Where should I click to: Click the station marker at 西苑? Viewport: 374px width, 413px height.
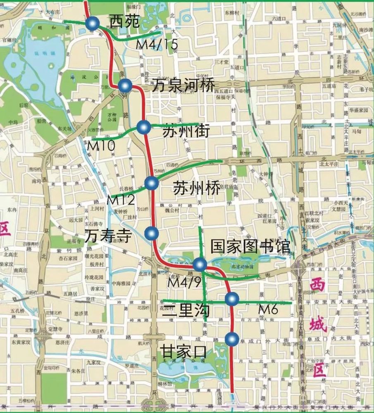[x=92, y=24]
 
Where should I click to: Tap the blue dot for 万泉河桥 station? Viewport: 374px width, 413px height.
[x=125, y=85]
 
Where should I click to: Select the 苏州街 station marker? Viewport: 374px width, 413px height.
[x=143, y=128]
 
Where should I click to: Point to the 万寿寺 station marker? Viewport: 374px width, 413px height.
[x=152, y=234]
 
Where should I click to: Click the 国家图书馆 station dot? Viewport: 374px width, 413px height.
[x=200, y=264]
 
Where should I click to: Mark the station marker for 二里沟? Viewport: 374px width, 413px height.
[x=232, y=299]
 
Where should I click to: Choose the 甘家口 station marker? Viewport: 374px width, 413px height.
[x=232, y=339]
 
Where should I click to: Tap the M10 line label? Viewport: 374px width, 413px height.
[x=100, y=145]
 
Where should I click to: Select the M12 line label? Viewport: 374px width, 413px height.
[x=121, y=200]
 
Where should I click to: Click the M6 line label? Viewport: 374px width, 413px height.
[x=268, y=309]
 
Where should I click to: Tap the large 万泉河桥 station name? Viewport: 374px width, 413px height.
[x=183, y=86]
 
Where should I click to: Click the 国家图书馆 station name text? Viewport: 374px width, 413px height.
[x=250, y=247]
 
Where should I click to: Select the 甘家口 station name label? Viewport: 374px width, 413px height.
[x=183, y=352]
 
